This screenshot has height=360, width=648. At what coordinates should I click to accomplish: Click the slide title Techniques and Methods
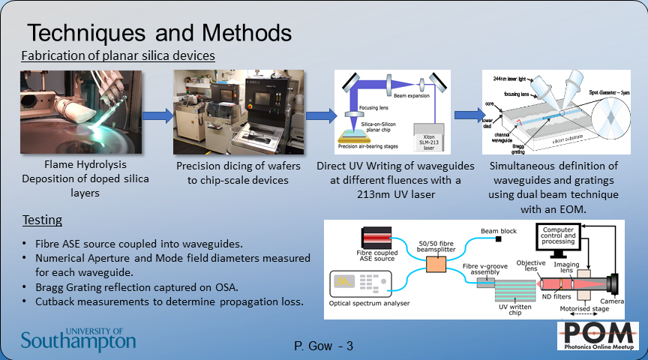pos(159,33)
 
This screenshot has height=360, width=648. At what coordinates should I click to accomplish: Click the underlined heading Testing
pos(42,220)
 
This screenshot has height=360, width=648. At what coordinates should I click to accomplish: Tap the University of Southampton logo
pos(79,340)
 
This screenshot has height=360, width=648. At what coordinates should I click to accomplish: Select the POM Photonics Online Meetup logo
pos(598,336)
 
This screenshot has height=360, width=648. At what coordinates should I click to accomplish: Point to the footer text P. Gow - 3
pos(323,346)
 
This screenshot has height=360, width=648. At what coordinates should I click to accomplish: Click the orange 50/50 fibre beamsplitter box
pos(436,265)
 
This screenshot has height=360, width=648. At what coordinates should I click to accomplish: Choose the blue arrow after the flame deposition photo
pos(157,116)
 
